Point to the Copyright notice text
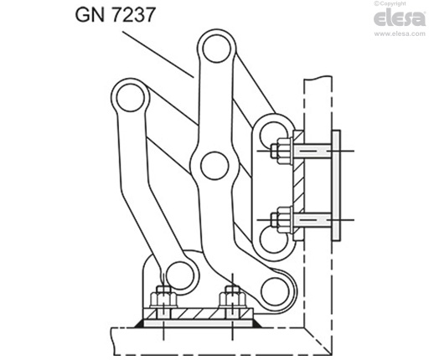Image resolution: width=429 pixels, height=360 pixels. tap(403, 4)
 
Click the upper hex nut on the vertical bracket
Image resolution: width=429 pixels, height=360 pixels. tap(280, 151)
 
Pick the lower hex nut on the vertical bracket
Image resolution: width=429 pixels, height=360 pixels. tap(280, 223)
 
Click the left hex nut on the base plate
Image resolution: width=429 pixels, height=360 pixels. tap(162, 299)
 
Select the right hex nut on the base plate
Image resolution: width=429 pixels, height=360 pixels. tap(232, 299)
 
